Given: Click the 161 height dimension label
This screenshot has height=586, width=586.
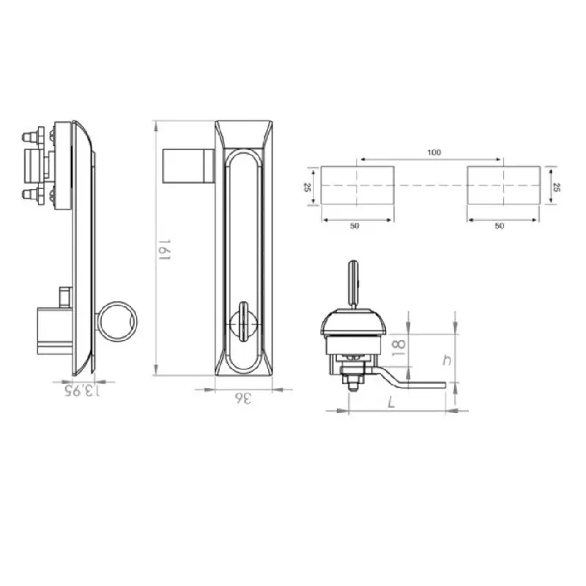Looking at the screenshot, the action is click(x=163, y=250).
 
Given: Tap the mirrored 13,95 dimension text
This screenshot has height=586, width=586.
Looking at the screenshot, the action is click(x=83, y=391).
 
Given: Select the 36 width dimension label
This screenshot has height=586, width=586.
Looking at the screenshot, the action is click(x=243, y=398).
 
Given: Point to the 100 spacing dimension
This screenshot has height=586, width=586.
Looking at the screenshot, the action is click(x=434, y=152).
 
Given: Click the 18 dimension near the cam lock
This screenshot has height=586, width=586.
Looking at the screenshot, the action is click(x=398, y=349).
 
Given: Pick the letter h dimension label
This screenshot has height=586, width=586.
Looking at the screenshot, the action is click(x=447, y=360).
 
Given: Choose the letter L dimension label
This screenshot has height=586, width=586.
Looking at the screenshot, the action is click(x=391, y=402).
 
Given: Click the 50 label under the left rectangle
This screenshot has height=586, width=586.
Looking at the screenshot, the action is click(x=355, y=226).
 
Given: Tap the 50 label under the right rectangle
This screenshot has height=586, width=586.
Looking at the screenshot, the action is click(x=500, y=226).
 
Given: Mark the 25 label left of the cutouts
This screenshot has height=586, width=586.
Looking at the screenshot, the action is click(x=307, y=188).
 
